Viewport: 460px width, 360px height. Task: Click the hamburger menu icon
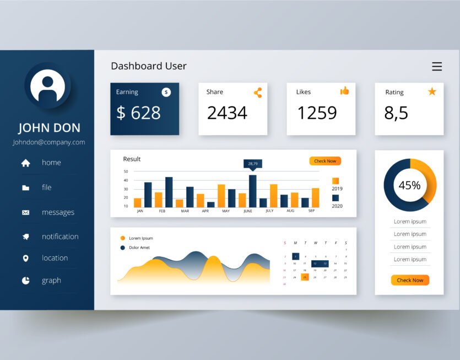click(x=437, y=67)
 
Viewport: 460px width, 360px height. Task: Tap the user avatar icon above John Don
click(x=47, y=86)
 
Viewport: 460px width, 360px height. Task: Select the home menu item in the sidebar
click(x=51, y=163)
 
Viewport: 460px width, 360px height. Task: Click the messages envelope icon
click(x=25, y=212)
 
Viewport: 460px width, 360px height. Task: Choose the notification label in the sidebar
click(x=60, y=237)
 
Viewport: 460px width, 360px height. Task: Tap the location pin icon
click(x=25, y=259)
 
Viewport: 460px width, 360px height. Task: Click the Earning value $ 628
click(x=138, y=113)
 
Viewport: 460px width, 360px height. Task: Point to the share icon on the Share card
click(x=258, y=93)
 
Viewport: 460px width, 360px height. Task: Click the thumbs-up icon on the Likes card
click(x=345, y=91)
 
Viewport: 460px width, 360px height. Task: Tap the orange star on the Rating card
click(x=432, y=92)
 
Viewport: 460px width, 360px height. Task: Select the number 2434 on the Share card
click(x=227, y=113)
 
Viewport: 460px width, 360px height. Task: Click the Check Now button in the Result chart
click(x=325, y=161)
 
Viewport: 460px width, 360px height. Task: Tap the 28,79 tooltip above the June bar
click(x=253, y=164)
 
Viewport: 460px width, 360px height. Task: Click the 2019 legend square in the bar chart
click(x=335, y=181)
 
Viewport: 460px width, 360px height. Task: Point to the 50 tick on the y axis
click(x=126, y=171)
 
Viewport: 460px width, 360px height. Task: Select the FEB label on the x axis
click(x=163, y=211)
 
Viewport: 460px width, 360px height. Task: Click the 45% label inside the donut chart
click(x=409, y=185)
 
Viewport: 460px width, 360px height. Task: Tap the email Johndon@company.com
click(x=48, y=142)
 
